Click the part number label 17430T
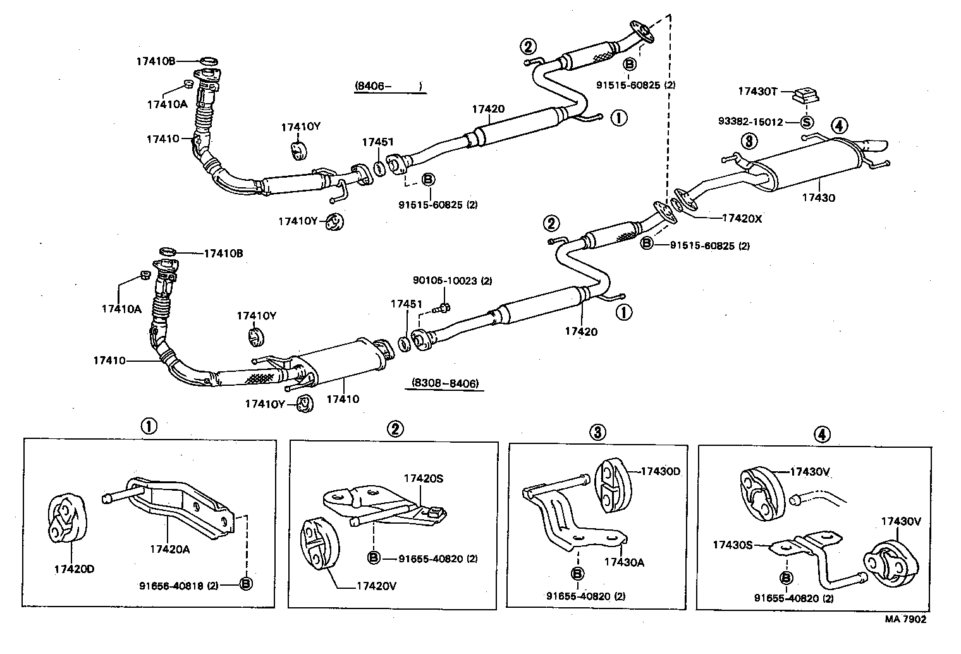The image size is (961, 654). pos(757,92)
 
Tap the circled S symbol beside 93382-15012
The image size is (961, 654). pos(807,122)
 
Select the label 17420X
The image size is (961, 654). pos(742,218)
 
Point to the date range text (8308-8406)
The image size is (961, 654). pos(444,383)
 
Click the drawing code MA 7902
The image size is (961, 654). pos(905,619)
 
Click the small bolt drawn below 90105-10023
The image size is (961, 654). pos(443,308)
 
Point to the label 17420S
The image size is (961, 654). pos(424,479)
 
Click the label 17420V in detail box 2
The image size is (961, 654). pos(376,586)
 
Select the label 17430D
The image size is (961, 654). pos(661,471)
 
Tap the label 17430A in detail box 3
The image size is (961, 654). pos(624,562)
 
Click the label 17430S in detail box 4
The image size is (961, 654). pos(733,544)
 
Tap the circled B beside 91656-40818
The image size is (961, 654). pos(246,584)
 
